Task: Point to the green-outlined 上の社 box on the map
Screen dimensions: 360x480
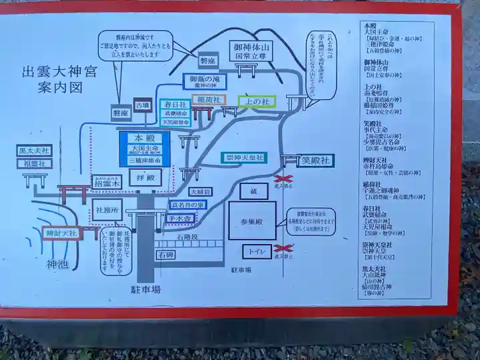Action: point(257,102)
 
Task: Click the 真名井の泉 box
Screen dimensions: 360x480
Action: point(189,205)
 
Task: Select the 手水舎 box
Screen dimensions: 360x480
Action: point(179,217)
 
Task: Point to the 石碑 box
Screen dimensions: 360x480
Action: point(165,255)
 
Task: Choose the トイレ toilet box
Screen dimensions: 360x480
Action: point(256,251)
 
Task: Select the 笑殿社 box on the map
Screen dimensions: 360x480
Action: point(315,161)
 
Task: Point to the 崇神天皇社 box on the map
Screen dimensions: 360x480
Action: point(243,158)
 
